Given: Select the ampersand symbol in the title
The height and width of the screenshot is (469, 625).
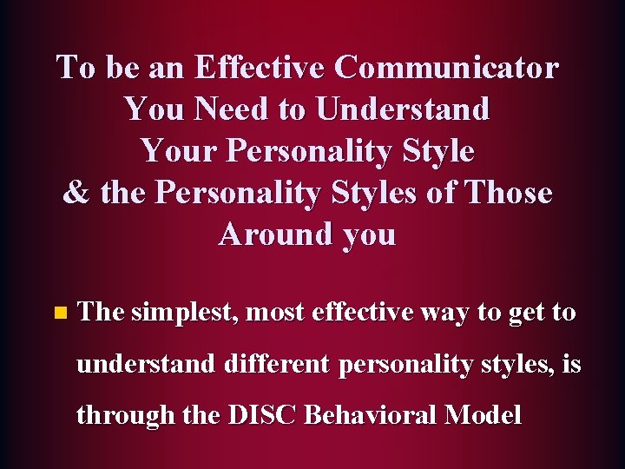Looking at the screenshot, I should click(76, 193).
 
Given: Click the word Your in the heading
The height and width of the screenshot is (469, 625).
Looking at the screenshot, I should click(178, 150).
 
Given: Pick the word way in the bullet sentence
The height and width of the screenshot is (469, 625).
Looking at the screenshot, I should click(446, 312).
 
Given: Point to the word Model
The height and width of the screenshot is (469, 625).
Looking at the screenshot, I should click(484, 414).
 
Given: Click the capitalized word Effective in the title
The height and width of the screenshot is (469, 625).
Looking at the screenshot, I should click(260, 67).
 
